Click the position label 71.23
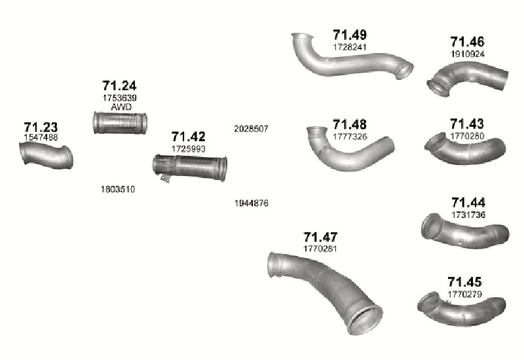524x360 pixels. point(41,127)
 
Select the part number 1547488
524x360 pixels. point(41,137)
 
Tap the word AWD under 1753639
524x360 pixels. point(121,107)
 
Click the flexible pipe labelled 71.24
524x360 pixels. point(120,123)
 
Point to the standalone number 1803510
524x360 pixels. point(118,189)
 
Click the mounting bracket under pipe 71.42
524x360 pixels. point(165,177)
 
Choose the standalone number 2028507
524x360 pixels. point(252,128)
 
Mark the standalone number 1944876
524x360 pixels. point(252,203)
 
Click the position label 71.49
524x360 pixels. point(350,35)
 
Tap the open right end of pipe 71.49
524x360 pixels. point(405,71)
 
